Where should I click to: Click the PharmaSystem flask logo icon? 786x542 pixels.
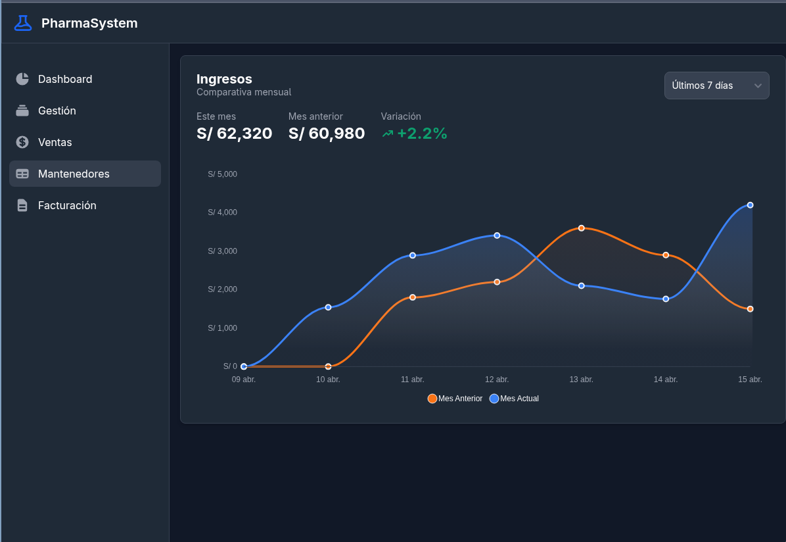tap(22, 23)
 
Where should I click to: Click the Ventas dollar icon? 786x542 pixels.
tap(22, 142)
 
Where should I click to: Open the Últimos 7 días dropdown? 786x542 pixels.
tap(716, 86)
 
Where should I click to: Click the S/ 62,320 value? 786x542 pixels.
tap(234, 134)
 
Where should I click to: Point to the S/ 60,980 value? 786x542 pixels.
tap(327, 134)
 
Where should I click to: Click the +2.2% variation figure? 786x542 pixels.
tap(421, 134)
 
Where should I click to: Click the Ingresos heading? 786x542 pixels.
tap(224, 79)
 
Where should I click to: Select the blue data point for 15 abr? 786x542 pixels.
tap(750, 205)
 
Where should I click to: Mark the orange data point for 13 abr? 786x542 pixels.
tap(582, 228)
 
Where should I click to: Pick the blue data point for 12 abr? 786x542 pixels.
tap(497, 235)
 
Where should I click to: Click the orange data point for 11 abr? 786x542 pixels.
tap(413, 297)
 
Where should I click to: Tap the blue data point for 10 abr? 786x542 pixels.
tap(329, 307)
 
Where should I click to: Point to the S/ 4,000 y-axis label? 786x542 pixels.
tap(223, 212)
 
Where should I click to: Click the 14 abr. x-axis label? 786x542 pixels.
tap(666, 380)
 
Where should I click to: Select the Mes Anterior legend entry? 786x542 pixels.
tap(455, 399)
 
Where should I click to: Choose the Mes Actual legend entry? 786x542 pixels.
tap(515, 399)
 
